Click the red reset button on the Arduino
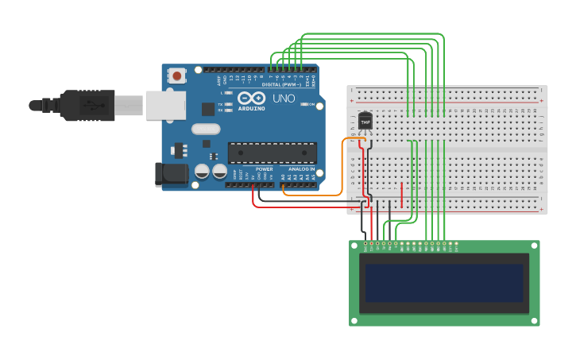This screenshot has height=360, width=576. (176, 75)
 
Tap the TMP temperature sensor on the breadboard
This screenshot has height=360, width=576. (365, 121)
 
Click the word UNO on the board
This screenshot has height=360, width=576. (284, 99)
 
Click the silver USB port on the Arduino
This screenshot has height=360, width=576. (164, 106)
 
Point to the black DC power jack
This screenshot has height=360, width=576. (170, 175)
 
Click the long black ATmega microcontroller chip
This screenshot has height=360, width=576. (272, 153)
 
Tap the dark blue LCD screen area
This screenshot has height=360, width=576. (444, 284)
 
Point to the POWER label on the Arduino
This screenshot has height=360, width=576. (264, 169)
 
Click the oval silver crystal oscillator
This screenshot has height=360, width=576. (205, 129)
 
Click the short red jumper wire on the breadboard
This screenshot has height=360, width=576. (402, 193)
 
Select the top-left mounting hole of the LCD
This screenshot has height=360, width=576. (354, 246)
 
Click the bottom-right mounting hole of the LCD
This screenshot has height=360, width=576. (535, 320)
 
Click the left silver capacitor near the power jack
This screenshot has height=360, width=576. (203, 171)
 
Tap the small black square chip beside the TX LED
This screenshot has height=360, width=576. (207, 109)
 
